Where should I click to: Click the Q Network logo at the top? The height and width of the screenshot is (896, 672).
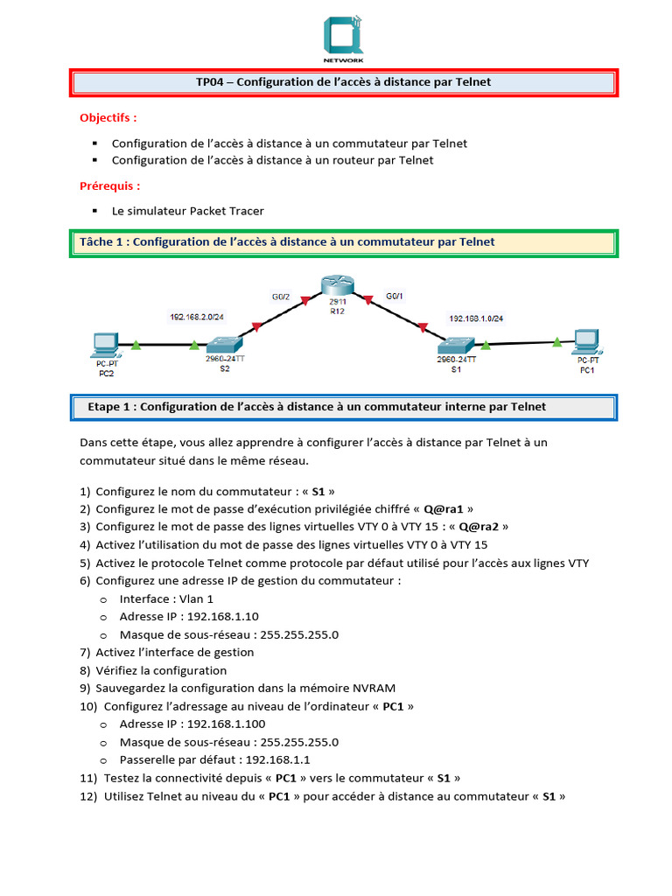(344, 38)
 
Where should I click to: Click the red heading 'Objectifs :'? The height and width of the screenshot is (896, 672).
(108, 117)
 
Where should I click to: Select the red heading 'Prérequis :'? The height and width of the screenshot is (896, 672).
(109, 185)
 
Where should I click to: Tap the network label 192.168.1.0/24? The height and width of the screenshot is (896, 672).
(481, 318)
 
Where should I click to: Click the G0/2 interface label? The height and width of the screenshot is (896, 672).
(281, 297)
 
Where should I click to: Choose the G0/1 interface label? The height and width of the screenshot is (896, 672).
(395, 297)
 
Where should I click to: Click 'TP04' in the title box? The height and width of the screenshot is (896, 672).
(212, 82)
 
